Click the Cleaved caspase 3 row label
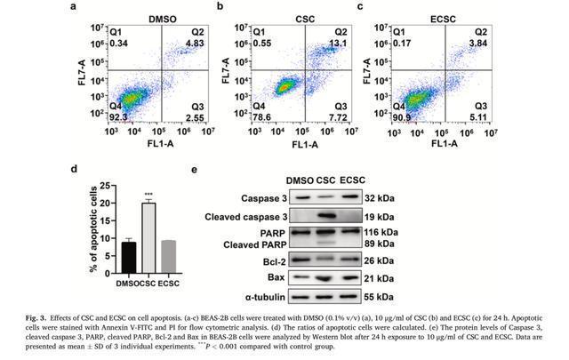(x=249, y=215)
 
